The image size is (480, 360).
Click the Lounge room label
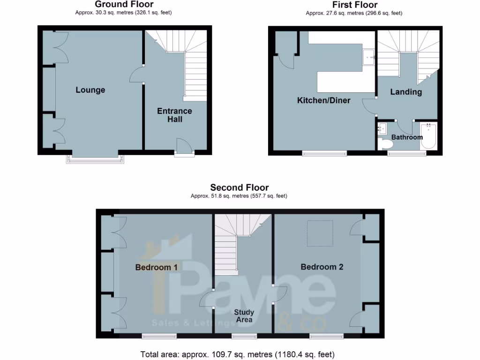pos(90,90)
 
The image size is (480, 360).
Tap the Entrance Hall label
pos(174,115)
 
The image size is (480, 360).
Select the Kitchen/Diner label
pos(323,100)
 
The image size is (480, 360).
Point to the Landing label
pos(406,92)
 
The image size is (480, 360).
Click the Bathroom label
pos(407,137)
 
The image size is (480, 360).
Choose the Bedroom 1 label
pos(156,267)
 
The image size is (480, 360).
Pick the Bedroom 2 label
pos(322,267)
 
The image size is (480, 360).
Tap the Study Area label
pos(244,316)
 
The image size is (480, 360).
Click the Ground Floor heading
pos(124,5)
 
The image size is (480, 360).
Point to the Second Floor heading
pos(240,187)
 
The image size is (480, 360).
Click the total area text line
pos(238,354)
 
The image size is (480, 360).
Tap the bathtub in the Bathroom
pos(428,135)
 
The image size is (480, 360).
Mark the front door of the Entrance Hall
pos(184,146)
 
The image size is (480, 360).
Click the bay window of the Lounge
pos(96,158)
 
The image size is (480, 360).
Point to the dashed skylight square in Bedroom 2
pos(320,233)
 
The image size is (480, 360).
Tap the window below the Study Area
pos(244,336)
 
